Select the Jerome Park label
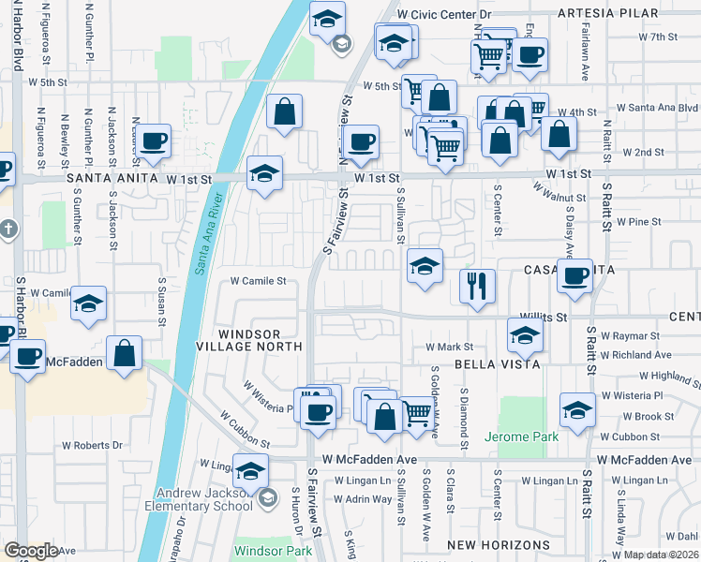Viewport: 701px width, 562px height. [521, 436]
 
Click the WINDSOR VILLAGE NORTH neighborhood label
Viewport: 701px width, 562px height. [261, 340]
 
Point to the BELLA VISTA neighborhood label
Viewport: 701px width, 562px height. [487, 362]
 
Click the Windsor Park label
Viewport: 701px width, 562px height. [272, 551]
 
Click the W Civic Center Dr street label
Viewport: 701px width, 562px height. [444, 15]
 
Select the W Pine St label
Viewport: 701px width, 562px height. [639, 222]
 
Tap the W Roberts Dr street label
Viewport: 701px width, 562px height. [92, 445]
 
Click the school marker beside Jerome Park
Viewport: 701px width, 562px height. [577, 408]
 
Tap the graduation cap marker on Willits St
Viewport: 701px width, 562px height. [525, 334]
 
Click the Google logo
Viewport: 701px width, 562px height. [31, 550]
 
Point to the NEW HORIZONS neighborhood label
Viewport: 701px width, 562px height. [498, 545]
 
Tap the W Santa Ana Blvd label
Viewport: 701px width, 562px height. [664, 108]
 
